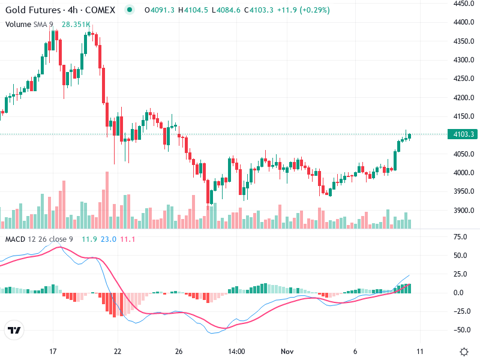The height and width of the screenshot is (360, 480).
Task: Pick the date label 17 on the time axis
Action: click(x=53, y=352)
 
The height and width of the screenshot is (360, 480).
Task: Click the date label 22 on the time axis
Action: click(x=118, y=352)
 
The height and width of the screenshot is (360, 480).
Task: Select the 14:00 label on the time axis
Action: click(x=236, y=352)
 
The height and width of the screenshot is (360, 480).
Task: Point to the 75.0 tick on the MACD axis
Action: click(x=461, y=237)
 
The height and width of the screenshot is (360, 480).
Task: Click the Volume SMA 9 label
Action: click(x=30, y=25)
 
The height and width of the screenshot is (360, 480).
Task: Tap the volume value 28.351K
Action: click(x=76, y=25)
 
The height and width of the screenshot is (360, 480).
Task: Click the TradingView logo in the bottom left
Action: click(x=14, y=331)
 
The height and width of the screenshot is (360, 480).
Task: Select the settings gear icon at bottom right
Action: click(x=464, y=352)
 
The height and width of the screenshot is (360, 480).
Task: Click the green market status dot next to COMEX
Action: click(x=130, y=10)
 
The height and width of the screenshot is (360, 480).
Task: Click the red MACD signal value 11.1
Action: click(x=128, y=240)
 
